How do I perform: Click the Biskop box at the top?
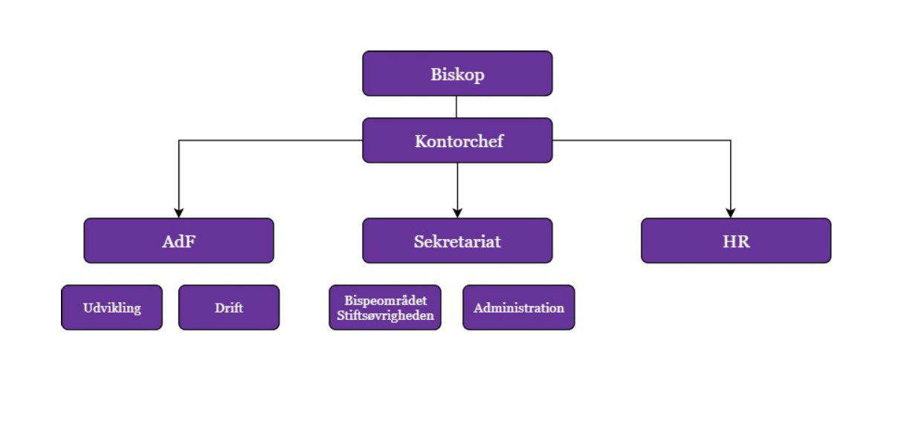[x=457, y=73]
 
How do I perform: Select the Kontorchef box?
[x=457, y=140]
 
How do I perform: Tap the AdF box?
[x=178, y=241]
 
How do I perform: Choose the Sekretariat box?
[x=457, y=241]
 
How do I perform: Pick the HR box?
[x=736, y=241]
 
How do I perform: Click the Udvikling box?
[x=112, y=307]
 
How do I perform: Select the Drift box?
[x=229, y=307]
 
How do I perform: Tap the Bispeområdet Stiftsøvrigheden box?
[x=385, y=307]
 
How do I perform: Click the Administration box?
[x=519, y=307]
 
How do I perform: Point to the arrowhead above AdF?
[x=178, y=213]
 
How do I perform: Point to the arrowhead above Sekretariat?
[x=457, y=213]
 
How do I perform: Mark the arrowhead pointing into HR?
[x=731, y=213]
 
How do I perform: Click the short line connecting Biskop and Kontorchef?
[x=456, y=107]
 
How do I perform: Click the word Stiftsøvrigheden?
[x=385, y=315]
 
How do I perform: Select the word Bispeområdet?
[x=385, y=301]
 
